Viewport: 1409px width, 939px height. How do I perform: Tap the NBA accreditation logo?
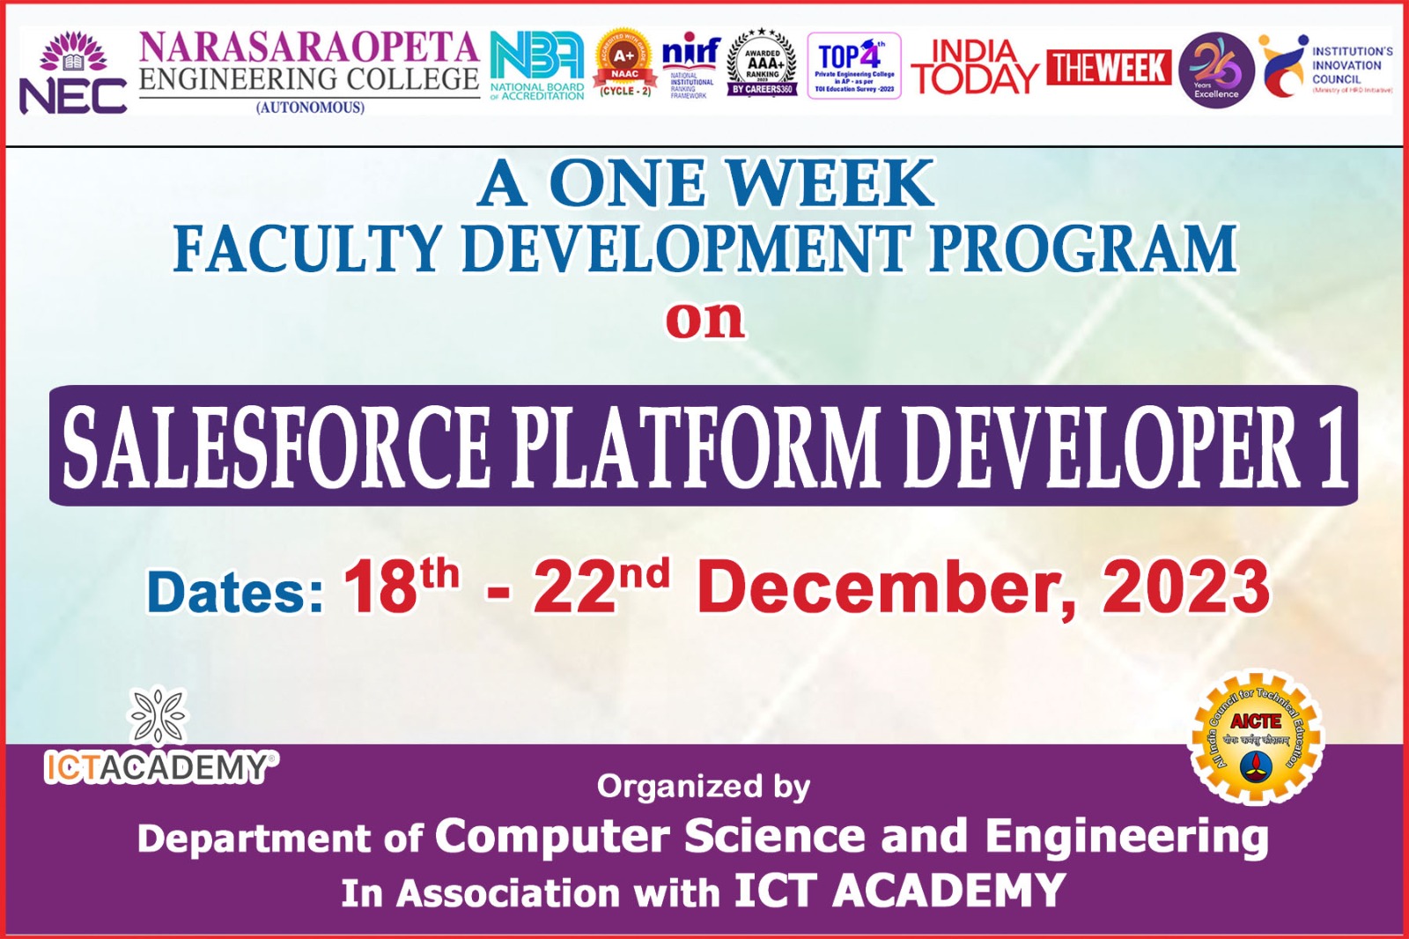537,66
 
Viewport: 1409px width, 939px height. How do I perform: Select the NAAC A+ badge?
624,63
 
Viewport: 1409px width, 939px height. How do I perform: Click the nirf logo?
690,64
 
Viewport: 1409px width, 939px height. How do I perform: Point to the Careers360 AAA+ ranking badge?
763,63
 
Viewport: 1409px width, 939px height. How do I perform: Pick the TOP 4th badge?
853,66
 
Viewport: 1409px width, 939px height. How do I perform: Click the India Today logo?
974,67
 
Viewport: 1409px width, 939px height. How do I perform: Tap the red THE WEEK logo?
1109,68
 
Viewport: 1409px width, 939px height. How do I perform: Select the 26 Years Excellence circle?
1216,70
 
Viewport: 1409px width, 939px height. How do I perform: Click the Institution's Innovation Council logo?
1326,67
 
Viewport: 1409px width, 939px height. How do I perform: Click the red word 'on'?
704,319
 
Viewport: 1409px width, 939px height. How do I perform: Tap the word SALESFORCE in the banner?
276,447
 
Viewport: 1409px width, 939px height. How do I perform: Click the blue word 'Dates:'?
235,592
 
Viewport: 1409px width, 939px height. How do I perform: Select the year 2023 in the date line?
1185,588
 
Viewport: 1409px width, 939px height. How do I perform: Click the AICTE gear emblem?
1256,737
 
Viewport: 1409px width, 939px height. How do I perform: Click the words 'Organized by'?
703,786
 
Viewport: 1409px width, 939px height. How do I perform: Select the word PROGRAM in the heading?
1083,249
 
